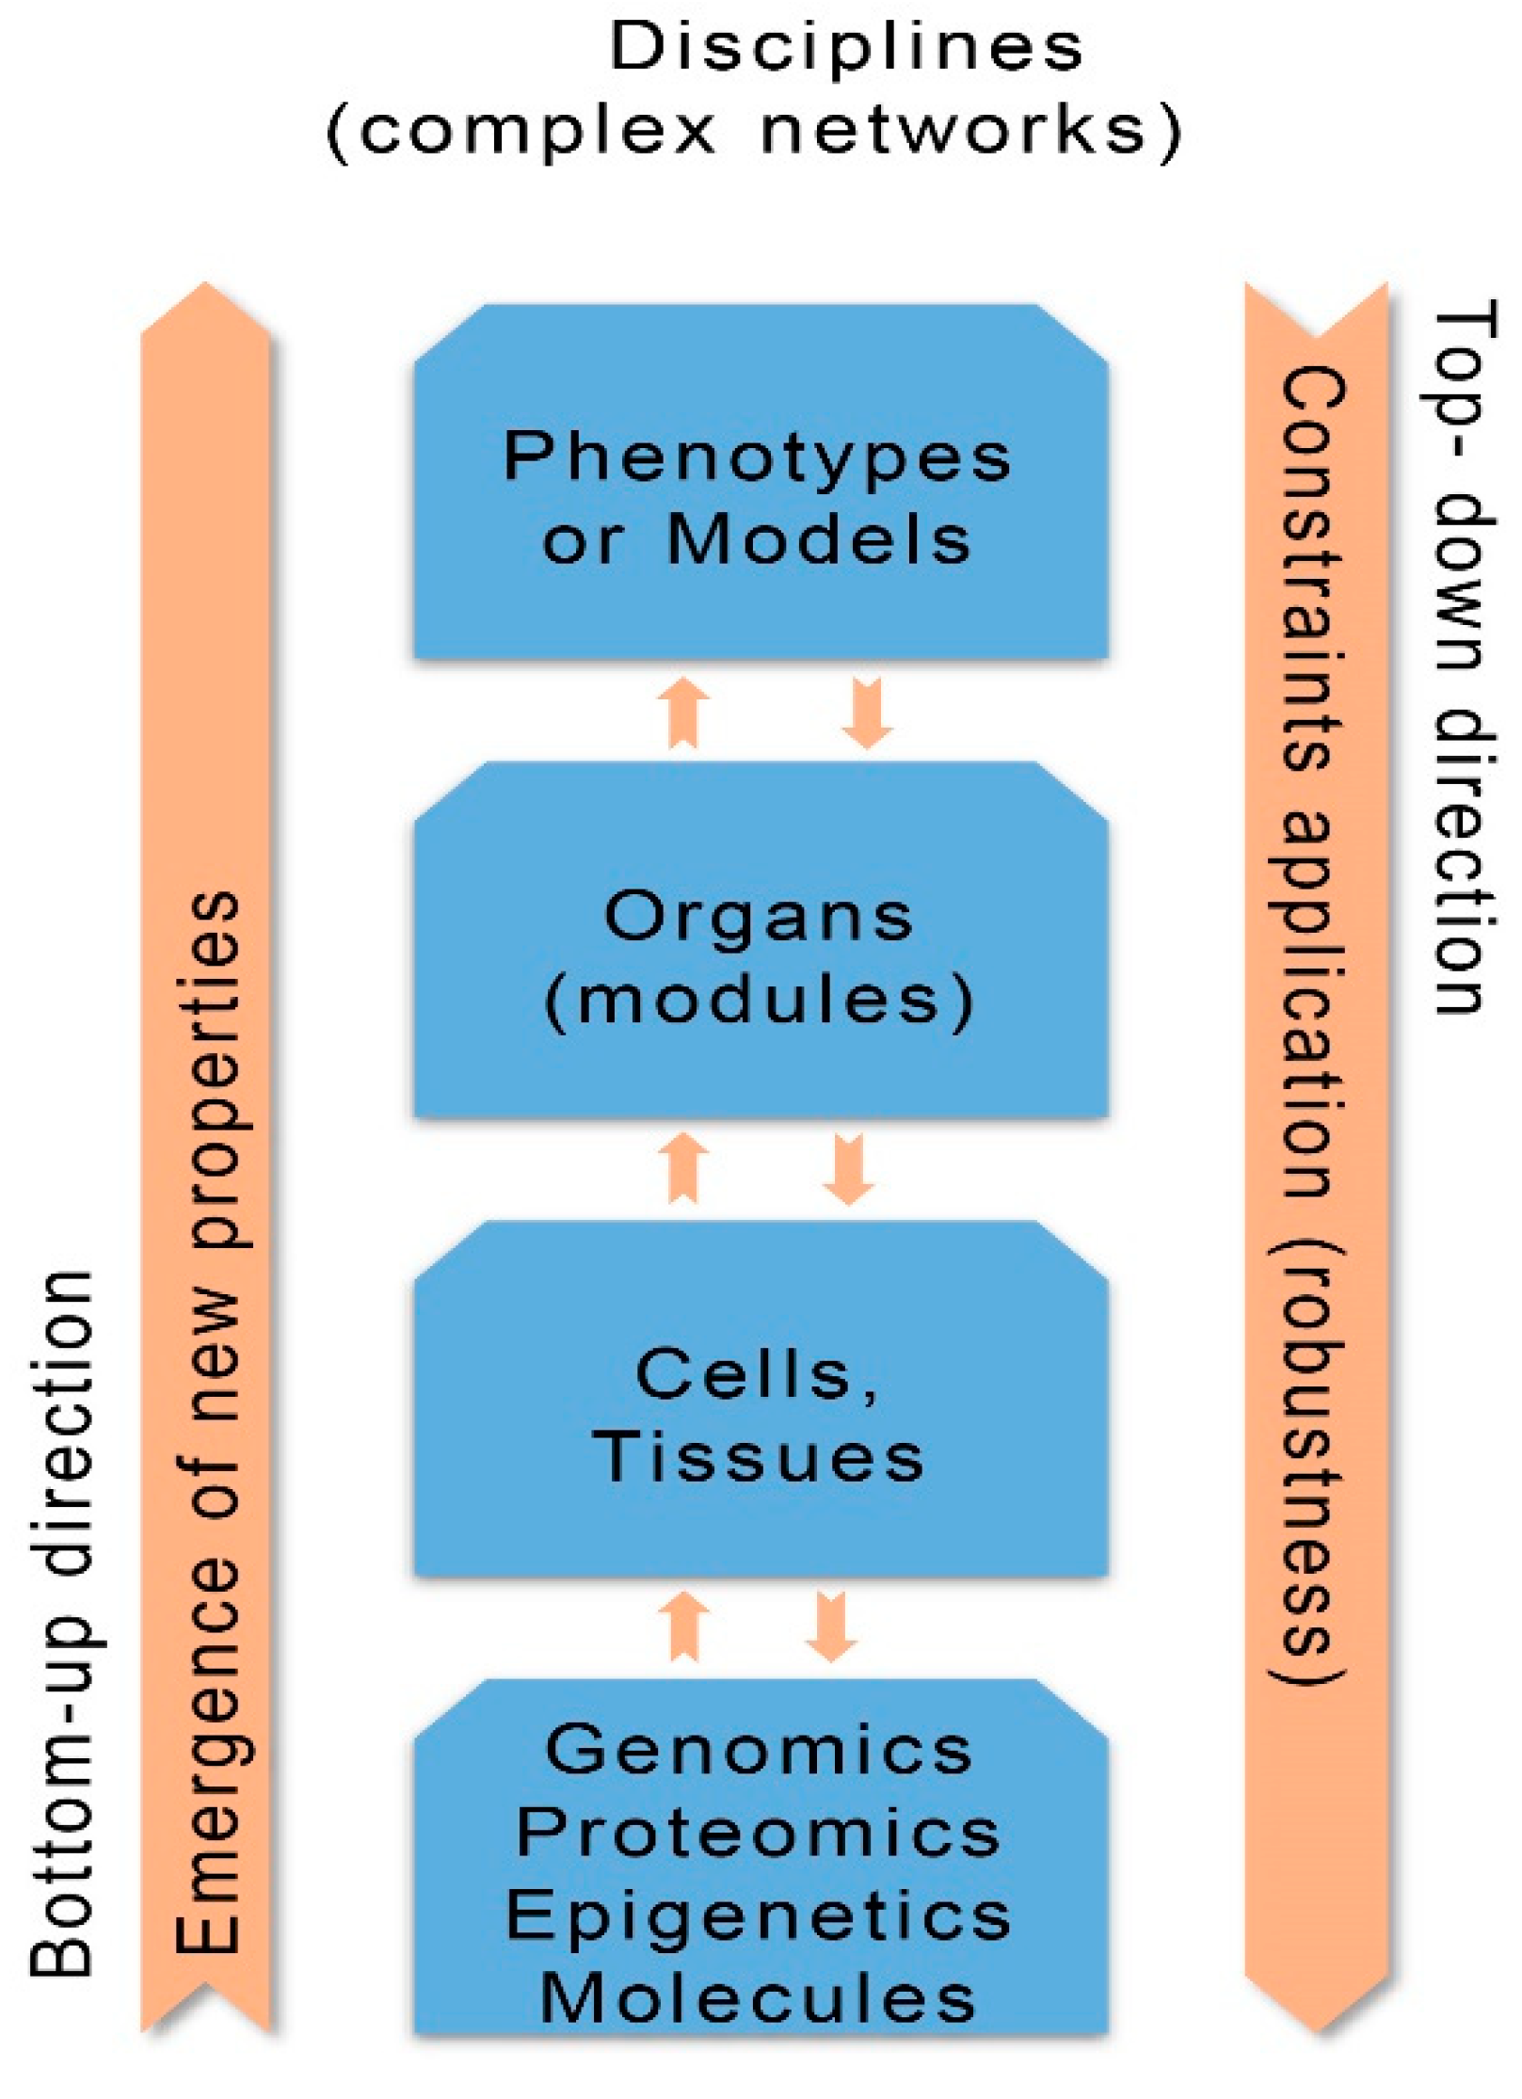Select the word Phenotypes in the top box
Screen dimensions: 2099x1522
point(757,458)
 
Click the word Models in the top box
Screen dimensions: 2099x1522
point(818,540)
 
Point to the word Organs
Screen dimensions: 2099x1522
point(759,918)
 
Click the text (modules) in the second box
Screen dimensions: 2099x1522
point(759,1000)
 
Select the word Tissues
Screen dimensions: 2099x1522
point(759,1458)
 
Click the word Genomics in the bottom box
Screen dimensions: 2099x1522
point(759,1751)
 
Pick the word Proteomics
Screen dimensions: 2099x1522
point(759,1834)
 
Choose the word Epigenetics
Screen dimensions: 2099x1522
point(759,1916)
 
